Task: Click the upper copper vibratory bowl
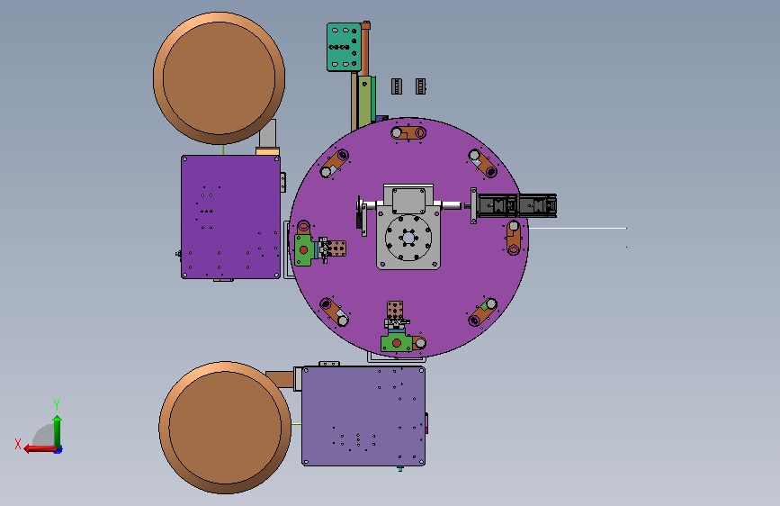(x=219, y=78)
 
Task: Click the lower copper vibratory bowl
(x=225, y=428)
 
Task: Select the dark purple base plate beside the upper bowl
(x=231, y=217)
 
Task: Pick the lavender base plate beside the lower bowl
(x=363, y=416)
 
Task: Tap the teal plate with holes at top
(x=344, y=47)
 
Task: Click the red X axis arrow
(x=40, y=448)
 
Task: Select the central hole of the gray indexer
(x=408, y=238)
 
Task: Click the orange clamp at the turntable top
(x=408, y=133)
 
